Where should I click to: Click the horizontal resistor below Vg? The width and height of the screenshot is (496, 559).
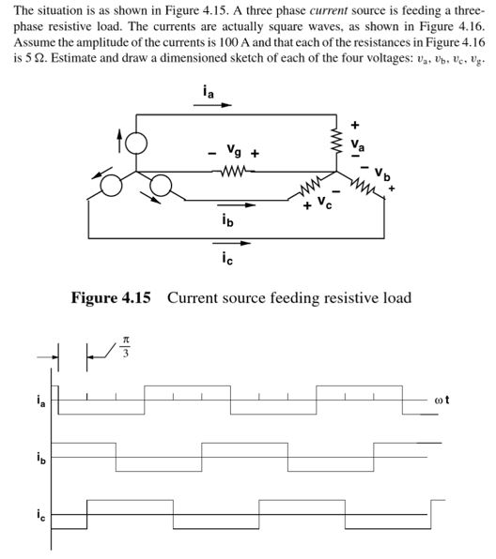tap(235, 171)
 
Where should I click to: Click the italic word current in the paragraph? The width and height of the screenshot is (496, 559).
tap(305, 9)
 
